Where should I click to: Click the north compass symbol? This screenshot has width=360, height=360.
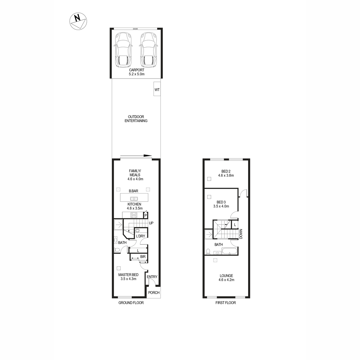(78, 21)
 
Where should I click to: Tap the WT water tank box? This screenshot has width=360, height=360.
(157, 89)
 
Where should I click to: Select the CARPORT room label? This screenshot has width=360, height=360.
(136, 70)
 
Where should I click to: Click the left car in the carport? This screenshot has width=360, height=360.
(123, 50)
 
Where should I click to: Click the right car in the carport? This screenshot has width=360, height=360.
(148, 50)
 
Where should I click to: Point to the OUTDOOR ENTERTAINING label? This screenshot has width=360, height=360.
(136, 119)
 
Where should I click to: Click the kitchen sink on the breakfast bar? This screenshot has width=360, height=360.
(134, 199)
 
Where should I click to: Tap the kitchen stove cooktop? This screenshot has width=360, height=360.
(134, 215)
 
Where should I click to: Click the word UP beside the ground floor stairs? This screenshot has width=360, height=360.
(151, 223)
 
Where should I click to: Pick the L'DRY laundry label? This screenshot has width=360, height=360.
(140, 236)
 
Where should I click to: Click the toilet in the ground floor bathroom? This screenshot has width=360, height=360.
(117, 250)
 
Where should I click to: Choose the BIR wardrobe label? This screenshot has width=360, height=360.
(143, 257)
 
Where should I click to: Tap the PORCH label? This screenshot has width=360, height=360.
(154, 293)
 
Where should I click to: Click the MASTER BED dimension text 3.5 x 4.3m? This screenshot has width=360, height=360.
(128, 279)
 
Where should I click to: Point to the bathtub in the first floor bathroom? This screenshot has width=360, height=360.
(229, 251)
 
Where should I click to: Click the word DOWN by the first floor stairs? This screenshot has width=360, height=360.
(241, 234)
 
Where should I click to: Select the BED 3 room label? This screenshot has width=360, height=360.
(221, 202)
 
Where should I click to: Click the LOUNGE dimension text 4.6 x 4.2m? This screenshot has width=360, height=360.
(226, 280)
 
